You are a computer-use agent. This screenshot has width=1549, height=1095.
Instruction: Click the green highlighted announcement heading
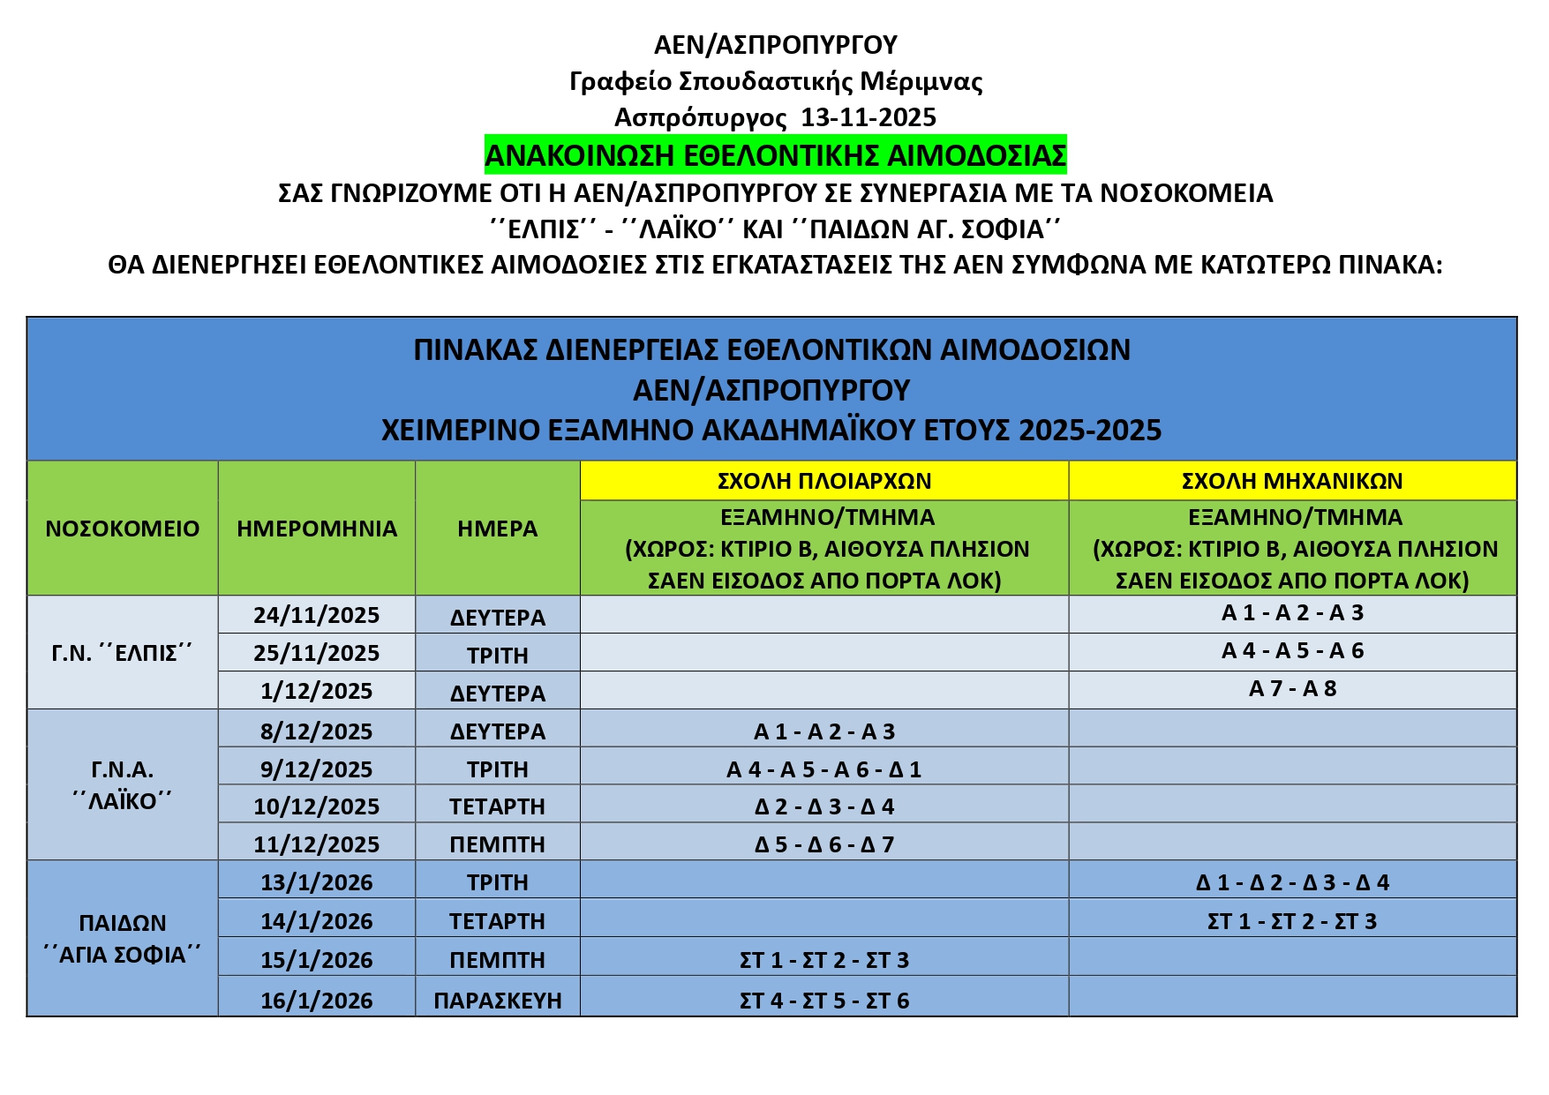tap(775, 155)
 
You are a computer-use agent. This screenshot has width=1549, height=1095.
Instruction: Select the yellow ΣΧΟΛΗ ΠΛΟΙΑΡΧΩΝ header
tap(823, 481)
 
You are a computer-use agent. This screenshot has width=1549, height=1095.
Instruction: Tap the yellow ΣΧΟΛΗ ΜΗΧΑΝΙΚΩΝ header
tap(1292, 481)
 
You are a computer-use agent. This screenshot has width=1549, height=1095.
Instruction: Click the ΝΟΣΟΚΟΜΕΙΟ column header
tap(123, 529)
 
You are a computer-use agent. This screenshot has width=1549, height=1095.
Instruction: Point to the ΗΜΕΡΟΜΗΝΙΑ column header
tap(317, 529)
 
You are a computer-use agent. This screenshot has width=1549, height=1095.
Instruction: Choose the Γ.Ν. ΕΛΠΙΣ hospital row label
tap(123, 653)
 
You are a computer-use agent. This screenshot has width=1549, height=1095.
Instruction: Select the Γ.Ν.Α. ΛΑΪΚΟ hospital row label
tap(123, 785)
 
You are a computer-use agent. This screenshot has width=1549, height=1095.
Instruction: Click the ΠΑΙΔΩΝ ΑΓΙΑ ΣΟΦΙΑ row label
tap(123, 939)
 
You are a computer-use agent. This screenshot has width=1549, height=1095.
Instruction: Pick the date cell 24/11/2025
tap(317, 615)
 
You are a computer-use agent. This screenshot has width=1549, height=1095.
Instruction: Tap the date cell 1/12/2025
tap(317, 691)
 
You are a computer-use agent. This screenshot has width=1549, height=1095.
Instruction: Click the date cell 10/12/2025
tap(317, 806)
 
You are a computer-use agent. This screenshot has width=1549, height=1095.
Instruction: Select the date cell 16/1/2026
tap(317, 1001)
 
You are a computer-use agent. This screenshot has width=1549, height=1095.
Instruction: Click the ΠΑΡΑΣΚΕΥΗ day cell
tap(498, 1001)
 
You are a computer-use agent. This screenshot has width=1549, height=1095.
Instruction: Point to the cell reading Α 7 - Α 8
tap(1292, 689)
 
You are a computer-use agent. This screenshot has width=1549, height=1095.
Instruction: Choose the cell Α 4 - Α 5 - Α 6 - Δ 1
tap(823, 769)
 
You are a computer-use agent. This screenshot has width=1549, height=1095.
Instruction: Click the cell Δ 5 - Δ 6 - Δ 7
tap(823, 844)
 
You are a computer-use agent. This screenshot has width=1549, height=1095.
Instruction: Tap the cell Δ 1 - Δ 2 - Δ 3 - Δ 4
tap(1292, 882)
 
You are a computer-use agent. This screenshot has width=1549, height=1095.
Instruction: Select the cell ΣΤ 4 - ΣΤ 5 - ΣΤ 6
tap(823, 1001)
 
